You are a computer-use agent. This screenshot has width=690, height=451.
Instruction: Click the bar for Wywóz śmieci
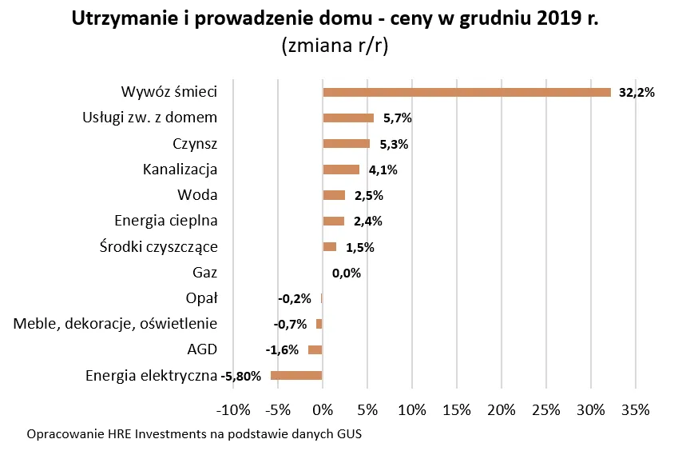(466, 92)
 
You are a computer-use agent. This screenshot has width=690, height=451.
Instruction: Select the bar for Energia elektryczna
(296, 376)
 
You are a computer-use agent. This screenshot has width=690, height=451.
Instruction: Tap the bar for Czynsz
(346, 144)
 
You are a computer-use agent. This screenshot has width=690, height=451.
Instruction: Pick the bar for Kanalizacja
(341, 170)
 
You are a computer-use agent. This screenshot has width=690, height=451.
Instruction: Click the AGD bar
(315, 349)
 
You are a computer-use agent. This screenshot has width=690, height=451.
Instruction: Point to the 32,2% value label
(637, 93)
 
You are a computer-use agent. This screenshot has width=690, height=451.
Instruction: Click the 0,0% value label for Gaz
(347, 273)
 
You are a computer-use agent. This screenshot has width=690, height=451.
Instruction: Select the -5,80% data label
(241, 377)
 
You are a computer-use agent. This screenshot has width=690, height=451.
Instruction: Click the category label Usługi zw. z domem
(150, 118)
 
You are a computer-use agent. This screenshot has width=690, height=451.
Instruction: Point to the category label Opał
(204, 298)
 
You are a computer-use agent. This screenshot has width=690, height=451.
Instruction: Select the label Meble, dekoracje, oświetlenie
(116, 324)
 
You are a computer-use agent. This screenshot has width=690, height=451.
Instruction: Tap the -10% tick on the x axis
(233, 410)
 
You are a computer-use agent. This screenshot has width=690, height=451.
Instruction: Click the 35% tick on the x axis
(635, 410)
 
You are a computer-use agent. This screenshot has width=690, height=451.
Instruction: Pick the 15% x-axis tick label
(456, 410)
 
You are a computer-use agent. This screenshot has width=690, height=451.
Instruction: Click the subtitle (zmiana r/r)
(335, 46)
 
